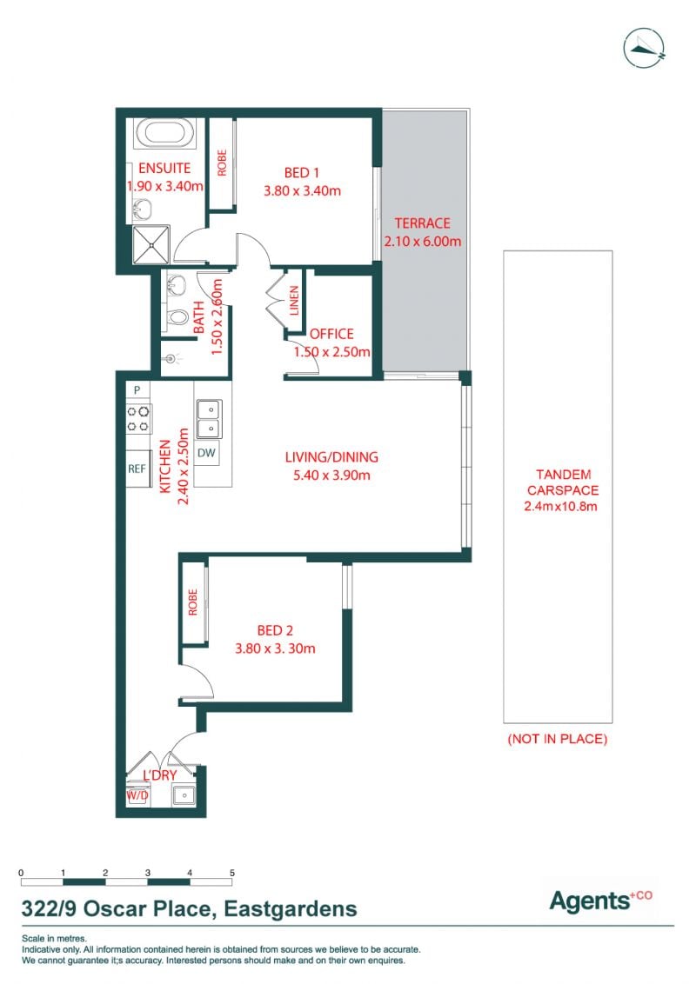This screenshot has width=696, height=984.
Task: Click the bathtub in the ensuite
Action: [x=163, y=133]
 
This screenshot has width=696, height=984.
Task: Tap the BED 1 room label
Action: [x=302, y=173]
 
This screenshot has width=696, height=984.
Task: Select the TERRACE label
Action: [x=422, y=223]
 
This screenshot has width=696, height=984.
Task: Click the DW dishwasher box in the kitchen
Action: [x=206, y=453]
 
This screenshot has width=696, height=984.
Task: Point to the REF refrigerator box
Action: [x=137, y=469]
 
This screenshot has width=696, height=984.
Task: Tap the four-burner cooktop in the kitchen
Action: [x=138, y=419]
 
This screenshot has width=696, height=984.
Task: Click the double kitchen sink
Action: [x=209, y=419]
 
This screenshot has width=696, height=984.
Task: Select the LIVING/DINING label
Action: [x=331, y=457]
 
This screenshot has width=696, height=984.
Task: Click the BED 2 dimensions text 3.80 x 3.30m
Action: [x=275, y=648]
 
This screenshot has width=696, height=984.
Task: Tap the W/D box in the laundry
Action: [x=137, y=795]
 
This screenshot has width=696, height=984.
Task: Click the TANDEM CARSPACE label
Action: [x=563, y=482]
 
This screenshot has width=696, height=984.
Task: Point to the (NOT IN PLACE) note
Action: [x=557, y=739]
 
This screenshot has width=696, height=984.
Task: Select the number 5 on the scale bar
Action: [x=232, y=873]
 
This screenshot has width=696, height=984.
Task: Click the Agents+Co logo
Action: [x=601, y=901]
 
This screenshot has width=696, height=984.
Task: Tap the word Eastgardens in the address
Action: [x=291, y=909]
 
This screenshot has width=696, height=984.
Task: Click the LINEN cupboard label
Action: [x=294, y=301]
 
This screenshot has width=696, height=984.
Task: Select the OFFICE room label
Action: [x=331, y=334]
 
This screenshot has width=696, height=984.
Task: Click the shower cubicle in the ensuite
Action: [x=151, y=245]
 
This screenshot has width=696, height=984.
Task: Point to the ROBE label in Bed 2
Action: [x=193, y=602]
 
